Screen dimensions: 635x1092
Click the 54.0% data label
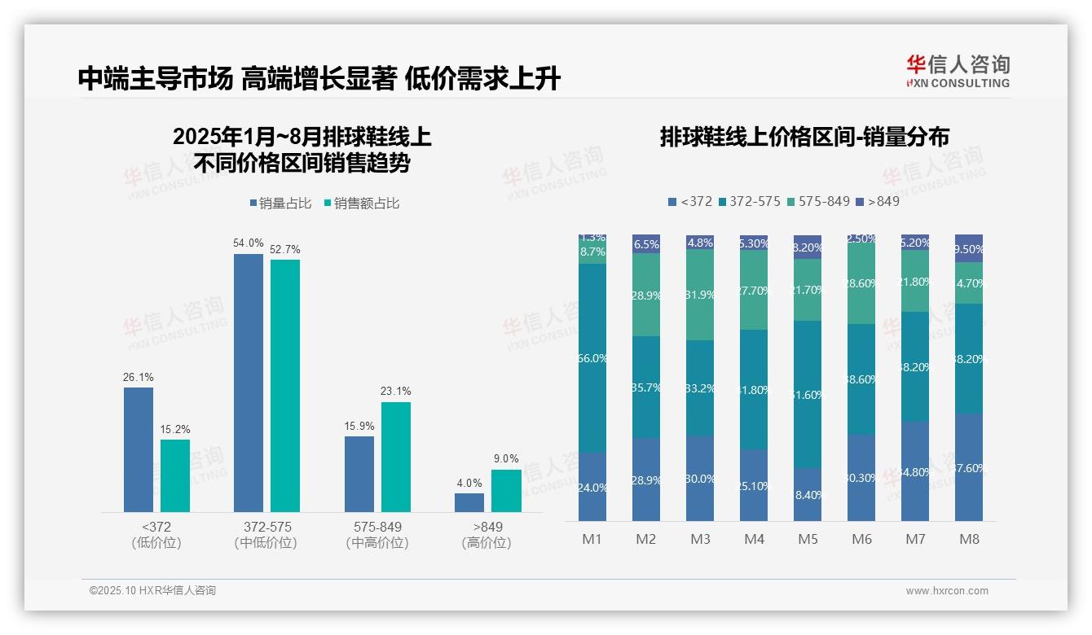tap(249, 243)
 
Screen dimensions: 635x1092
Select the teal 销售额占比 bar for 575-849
tap(395, 457)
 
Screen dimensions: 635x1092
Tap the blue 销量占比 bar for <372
tap(139, 449)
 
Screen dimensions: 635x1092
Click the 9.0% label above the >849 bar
tap(506, 459)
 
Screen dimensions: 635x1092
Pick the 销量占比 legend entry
tap(280, 204)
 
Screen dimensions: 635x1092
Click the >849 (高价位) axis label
tap(487, 534)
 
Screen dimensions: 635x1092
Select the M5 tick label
tap(808, 539)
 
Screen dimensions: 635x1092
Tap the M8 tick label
tap(969, 539)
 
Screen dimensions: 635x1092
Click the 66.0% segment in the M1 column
tap(592, 358)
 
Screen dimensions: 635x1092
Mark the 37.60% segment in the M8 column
tap(969, 467)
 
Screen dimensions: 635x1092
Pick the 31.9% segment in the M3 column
tap(700, 295)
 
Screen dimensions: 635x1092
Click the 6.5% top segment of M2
tap(646, 244)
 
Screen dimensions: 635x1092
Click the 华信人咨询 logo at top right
tap(958, 71)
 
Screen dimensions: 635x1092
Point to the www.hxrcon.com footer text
tap(946, 591)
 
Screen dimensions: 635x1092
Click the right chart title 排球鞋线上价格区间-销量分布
tap(804, 137)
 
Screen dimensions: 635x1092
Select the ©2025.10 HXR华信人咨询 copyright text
tap(152, 590)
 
